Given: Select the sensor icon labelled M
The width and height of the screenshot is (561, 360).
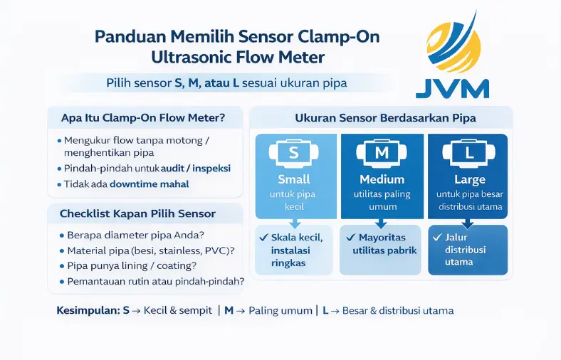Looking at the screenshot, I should pos(382,152).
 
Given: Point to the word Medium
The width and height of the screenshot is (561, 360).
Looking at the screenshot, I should pos(382,179).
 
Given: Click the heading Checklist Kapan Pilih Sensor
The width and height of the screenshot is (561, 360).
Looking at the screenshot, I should pos(137,213).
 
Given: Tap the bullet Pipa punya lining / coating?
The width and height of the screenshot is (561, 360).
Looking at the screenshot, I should pos(131,265).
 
